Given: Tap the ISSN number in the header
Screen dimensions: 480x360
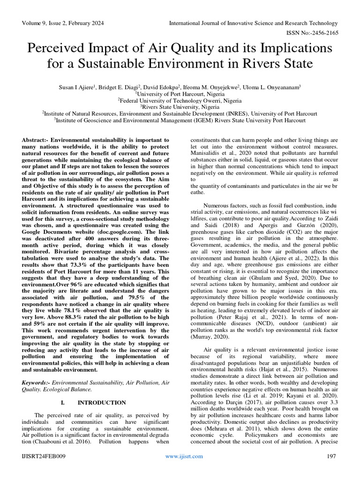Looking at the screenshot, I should [x=311, y=33].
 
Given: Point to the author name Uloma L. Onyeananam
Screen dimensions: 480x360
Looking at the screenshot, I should [x=267, y=87].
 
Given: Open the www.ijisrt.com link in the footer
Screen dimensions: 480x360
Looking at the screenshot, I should [x=185, y=456].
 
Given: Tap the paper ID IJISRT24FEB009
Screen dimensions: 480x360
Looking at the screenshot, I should [x=44, y=456].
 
